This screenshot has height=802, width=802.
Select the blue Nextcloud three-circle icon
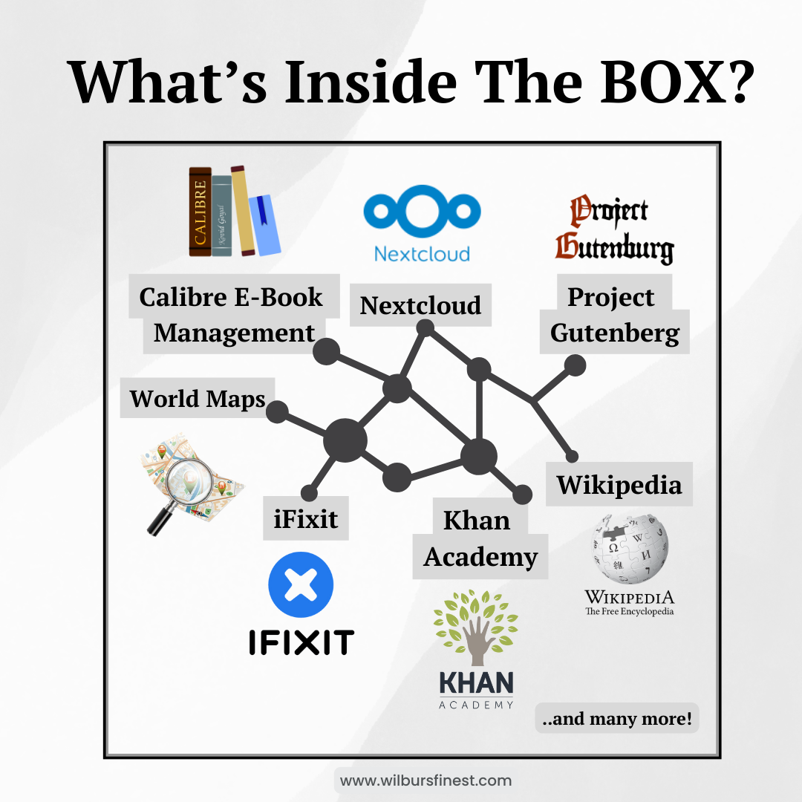coord(422,209)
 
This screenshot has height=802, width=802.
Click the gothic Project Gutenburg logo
coord(614,230)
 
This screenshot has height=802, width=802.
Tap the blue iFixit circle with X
coord(301,585)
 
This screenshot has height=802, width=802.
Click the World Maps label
coord(198,398)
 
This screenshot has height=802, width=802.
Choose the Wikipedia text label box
coord(619,484)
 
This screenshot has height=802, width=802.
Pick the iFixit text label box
coord(306,518)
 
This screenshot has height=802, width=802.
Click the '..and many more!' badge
coord(616,718)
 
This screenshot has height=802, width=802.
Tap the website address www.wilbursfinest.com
coord(426,780)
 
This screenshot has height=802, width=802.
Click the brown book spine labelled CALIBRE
coord(199,212)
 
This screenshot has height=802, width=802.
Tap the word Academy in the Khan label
coord(480,556)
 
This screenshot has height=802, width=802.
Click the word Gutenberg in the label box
coord(615,333)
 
